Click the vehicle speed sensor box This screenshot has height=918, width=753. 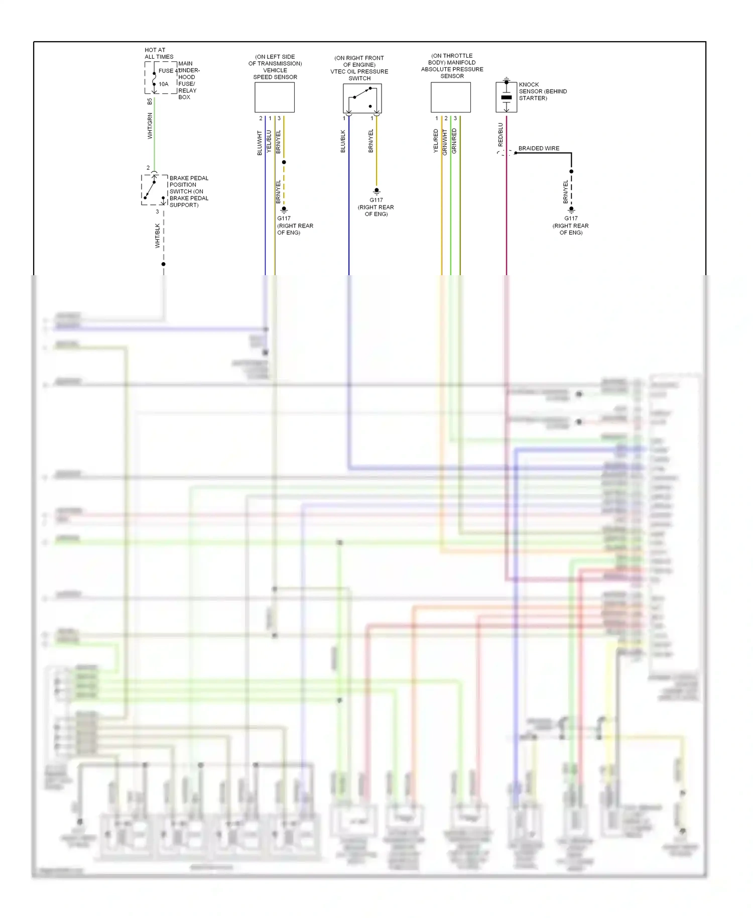click(x=274, y=97)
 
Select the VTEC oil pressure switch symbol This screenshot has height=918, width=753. click(x=362, y=98)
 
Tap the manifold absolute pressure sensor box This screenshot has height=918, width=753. click(x=450, y=97)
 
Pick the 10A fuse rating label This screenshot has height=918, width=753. click(x=164, y=84)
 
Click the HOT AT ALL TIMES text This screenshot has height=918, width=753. click(x=159, y=53)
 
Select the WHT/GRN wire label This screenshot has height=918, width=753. click(x=150, y=126)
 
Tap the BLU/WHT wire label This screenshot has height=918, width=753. click(x=260, y=143)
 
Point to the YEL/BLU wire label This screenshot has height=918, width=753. click(x=269, y=142)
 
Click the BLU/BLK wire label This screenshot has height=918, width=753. click(x=343, y=141)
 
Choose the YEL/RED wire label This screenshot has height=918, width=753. click(x=436, y=141)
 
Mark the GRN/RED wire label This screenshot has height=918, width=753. click(x=454, y=141)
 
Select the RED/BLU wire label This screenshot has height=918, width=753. click(x=500, y=135)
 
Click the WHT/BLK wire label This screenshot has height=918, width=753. click(x=157, y=236)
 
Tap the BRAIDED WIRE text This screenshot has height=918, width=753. click(x=539, y=149)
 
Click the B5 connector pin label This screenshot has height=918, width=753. click(x=150, y=101)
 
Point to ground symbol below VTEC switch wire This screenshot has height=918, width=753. click(x=376, y=191)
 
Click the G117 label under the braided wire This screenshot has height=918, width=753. click(x=571, y=218)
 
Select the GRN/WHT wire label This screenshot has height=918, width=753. click(x=445, y=142)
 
